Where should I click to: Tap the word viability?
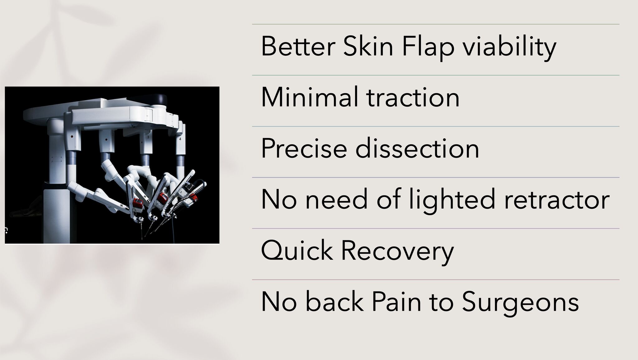[x=509, y=48]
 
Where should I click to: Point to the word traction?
[x=413, y=98]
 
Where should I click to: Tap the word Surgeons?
[x=520, y=302]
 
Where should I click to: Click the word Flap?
[x=428, y=48]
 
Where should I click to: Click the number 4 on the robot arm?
[x=180, y=139]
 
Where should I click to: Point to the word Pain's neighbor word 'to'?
[x=441, y=302]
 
